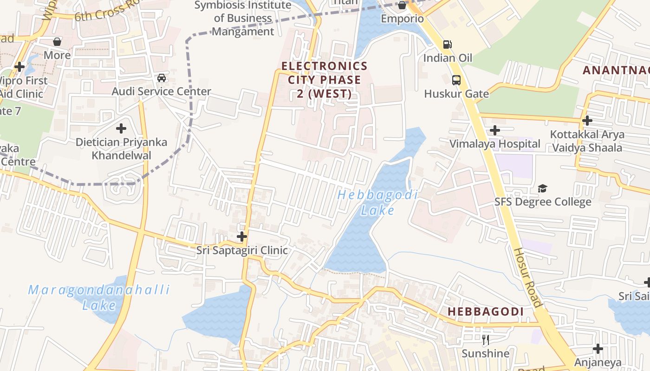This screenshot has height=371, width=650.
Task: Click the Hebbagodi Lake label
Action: tap(377, 203)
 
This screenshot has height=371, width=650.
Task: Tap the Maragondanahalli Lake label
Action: tap(99, 297)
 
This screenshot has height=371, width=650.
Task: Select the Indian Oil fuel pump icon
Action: tap(448, 45)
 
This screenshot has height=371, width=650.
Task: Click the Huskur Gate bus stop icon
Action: tap(456, 80)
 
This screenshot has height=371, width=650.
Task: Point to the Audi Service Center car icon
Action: tap(162, 78)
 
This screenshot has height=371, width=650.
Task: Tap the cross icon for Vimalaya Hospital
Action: tap(495, 130)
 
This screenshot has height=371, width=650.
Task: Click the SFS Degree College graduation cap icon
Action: tap(542, 188)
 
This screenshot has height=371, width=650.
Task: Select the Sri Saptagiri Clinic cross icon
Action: tap(241, 237)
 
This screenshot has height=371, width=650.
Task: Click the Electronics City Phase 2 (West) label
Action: tap(325, 80)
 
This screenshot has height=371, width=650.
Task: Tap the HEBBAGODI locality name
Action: tap(486, 312)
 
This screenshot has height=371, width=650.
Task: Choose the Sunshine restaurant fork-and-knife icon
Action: tap(486, 340)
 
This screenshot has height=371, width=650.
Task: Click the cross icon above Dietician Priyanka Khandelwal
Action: tap(121, 128)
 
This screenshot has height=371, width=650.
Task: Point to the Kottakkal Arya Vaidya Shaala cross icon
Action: tap(587, 121)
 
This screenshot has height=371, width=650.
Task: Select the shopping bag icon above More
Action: tap(57, 42)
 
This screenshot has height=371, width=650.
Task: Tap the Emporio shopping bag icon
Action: tap(402, 5)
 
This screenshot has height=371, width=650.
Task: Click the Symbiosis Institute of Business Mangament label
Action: tap(243, 19)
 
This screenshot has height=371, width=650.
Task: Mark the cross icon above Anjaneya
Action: tap(598, 348)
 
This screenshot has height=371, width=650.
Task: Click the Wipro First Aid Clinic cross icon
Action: tap(19, 67)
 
